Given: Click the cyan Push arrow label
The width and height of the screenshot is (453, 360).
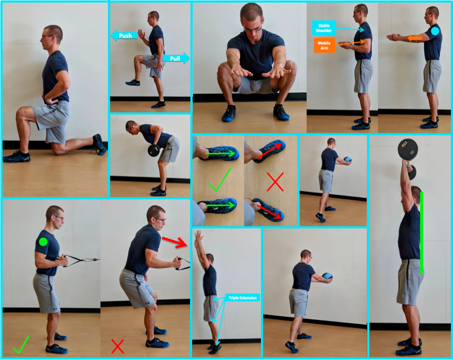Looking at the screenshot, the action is [124, 35].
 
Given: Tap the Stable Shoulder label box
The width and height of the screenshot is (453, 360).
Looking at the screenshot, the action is [324, 28].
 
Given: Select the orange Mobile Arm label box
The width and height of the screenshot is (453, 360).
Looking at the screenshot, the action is [324, 46].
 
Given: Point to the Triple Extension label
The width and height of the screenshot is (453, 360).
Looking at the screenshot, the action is [242, 298].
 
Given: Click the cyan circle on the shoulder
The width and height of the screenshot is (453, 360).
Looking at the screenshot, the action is [435, 31].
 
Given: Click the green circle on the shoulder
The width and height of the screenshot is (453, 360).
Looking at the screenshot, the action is [43, 242].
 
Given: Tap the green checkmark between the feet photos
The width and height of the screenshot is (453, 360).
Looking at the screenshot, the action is [219, 180].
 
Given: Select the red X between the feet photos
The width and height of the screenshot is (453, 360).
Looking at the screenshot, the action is [275, 182].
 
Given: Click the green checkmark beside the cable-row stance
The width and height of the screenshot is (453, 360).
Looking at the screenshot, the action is [21, 345].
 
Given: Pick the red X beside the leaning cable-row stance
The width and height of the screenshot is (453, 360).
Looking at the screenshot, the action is [117, 346].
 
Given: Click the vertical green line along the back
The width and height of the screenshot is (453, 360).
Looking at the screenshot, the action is [422, 233].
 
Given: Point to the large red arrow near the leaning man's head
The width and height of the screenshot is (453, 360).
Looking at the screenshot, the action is [174, 242].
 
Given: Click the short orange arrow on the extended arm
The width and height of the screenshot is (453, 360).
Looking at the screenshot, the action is [414, 38].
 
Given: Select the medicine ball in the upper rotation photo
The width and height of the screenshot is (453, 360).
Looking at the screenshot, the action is [348, 160].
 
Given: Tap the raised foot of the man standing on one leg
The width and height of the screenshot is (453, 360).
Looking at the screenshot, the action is [133, 83].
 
